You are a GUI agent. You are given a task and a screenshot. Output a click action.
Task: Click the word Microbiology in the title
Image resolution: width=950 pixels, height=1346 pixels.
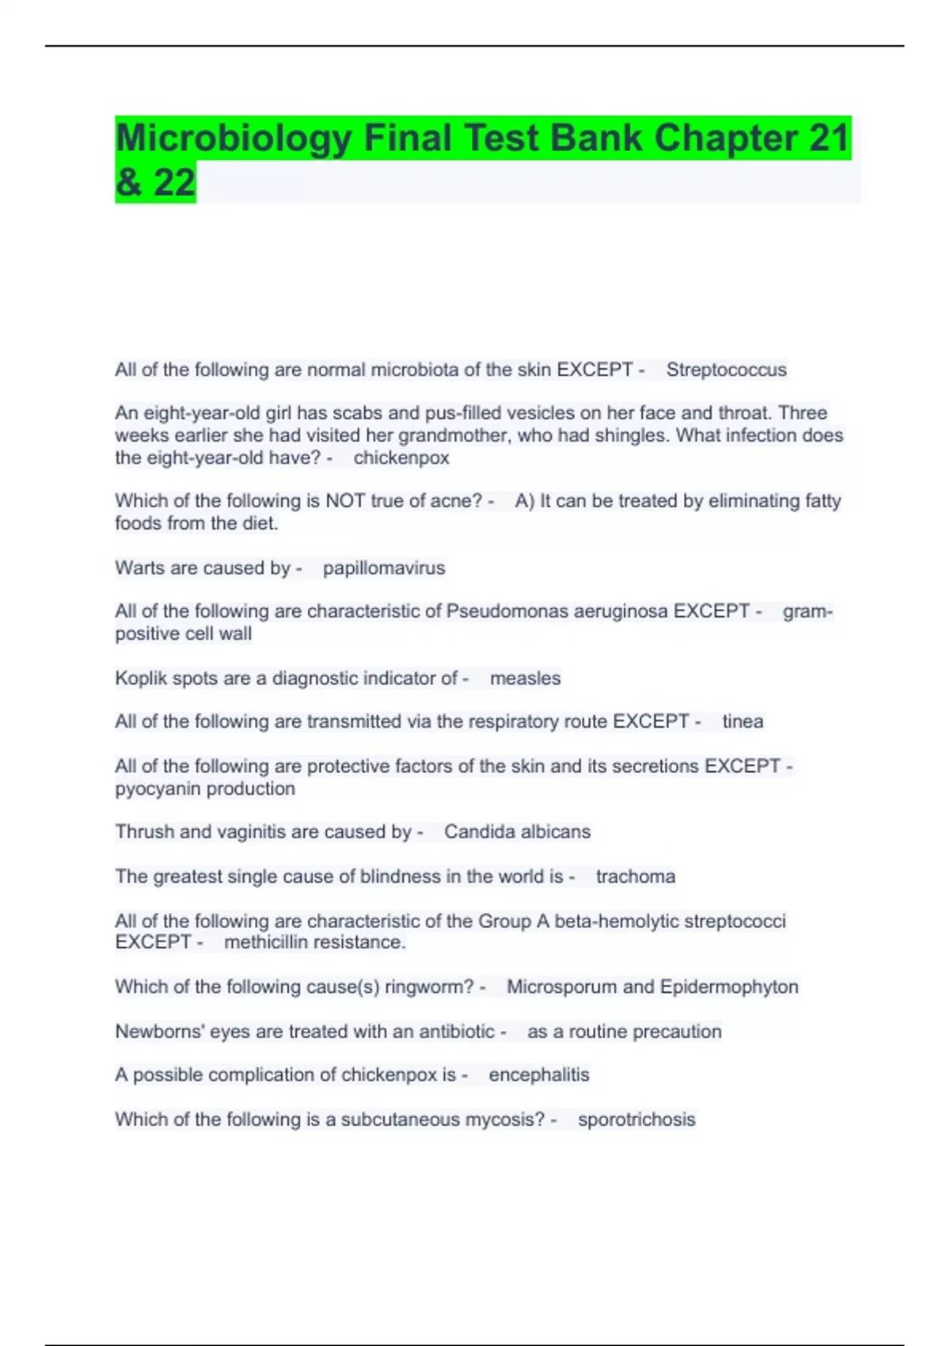coord(234,139)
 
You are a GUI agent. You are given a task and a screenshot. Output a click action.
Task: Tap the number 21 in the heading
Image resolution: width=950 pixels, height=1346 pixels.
coord(828,138)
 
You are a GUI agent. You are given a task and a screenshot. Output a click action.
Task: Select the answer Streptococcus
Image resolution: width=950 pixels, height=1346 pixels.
coord(726,370)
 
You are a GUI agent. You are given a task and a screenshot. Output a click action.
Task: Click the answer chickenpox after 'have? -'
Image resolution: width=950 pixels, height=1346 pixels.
coord(401,458)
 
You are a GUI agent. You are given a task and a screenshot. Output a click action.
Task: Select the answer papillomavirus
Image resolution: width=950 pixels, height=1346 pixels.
coord(384,568)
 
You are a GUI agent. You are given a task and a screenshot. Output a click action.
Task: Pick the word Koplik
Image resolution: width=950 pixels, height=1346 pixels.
coord(139,679)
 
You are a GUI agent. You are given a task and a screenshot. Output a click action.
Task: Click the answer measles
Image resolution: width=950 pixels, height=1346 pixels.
coord(525,679)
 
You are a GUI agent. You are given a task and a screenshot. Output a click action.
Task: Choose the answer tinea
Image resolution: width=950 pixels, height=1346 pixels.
coord(743,721)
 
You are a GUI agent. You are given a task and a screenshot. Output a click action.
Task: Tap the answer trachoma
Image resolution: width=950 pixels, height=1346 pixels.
coord(635,876)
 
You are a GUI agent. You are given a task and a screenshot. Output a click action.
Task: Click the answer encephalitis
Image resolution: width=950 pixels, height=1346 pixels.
coord(538,1074)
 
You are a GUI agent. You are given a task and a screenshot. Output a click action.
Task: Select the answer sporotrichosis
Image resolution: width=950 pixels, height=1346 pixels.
coord(636,1120)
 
